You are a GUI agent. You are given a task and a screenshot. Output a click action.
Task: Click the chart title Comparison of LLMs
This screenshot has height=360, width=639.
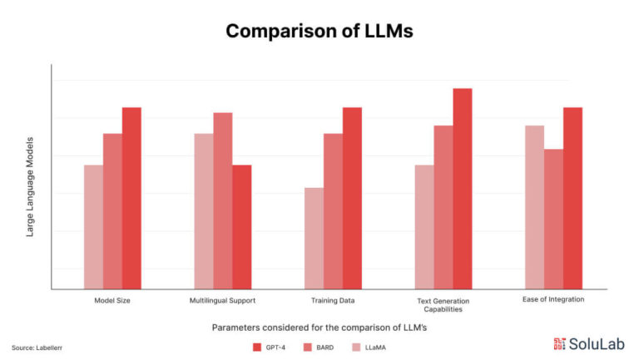click(319, 32)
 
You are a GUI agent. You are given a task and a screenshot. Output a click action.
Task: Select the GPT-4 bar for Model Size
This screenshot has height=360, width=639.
click(131, 198)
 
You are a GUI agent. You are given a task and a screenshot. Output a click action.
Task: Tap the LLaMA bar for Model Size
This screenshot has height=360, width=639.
click(93, 227)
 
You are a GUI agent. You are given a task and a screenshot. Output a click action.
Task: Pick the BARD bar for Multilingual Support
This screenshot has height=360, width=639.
click(222, 200)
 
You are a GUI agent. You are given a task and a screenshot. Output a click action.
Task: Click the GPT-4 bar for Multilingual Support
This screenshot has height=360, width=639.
click(241, 227)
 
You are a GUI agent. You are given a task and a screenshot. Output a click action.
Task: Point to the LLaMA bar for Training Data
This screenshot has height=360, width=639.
click(314, 238)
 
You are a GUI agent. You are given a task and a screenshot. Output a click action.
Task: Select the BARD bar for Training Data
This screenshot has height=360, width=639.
click(333, 211)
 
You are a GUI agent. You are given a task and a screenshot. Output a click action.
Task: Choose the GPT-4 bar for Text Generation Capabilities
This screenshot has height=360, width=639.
click(463, 189)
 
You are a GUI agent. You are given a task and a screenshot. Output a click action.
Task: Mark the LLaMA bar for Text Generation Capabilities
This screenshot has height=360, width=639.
click(424, 227)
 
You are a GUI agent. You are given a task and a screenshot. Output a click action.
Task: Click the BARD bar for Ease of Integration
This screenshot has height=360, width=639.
click(553, 219)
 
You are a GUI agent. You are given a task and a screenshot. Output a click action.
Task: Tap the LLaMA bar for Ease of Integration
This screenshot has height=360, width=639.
click(534, 207)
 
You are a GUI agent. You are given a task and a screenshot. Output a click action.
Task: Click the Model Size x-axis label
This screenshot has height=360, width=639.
click(112, 300)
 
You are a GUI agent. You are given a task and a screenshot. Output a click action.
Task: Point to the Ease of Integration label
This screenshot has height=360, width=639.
click(553, 299)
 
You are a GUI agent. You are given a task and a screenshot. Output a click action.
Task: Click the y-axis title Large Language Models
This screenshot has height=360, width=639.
click(30, 187)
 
